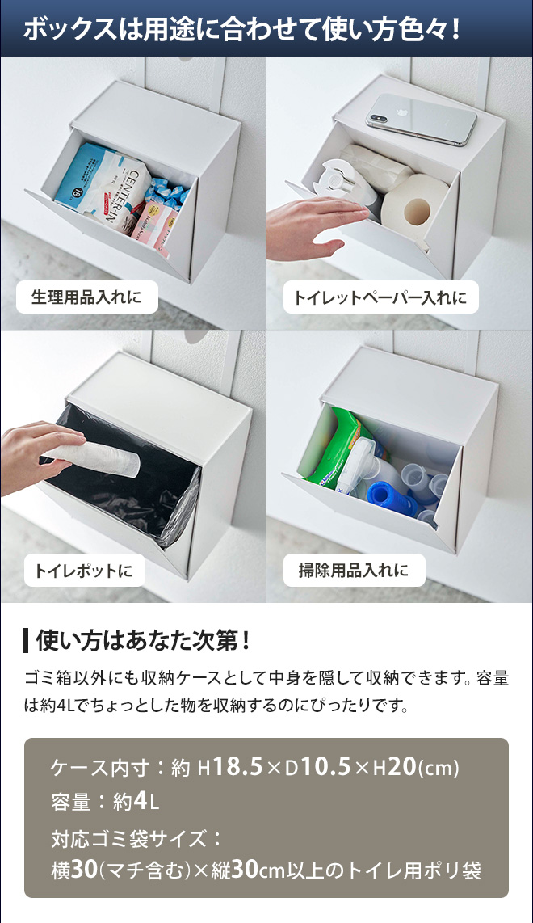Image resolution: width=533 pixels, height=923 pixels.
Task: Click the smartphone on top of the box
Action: [422, 118]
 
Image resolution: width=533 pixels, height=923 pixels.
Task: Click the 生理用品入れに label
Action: [86, 297]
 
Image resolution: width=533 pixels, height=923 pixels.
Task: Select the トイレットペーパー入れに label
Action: [380, 297]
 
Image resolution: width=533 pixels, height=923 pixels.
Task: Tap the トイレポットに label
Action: [84, 571]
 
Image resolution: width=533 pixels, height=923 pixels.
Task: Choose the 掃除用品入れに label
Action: [354, 570]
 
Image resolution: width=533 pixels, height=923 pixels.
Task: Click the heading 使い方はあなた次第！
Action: [144, 641]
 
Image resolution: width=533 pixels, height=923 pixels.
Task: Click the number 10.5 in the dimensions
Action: [325, 767]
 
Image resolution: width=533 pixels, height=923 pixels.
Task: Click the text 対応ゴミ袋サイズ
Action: [128, 838]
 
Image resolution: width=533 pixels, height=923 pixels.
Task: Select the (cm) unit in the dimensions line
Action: [439, 768]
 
